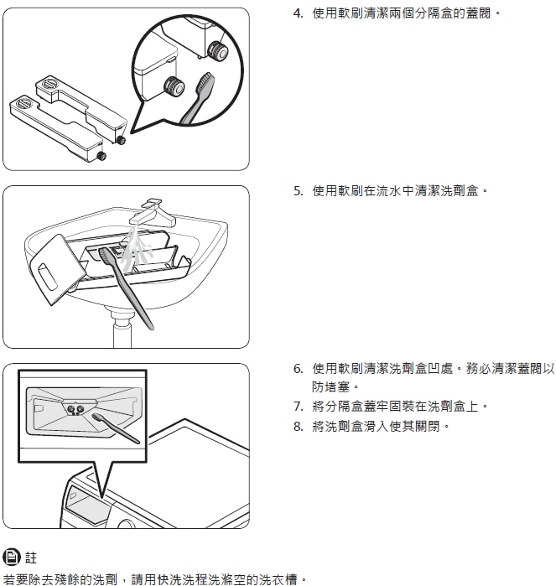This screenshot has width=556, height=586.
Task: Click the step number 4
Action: [298, 13]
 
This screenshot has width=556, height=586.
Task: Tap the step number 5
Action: [298, 191]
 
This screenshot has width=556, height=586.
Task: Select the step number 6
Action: [298, 369]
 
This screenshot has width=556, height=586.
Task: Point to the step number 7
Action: [298, 407]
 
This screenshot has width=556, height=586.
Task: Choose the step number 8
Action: [298, 426]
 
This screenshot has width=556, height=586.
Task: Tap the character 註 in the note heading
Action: [31, 557]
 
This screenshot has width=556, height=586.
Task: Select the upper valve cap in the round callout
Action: [217, 50]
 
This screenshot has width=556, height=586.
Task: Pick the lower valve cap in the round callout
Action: [174, 86]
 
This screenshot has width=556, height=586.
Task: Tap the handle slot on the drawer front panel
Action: [48, 277]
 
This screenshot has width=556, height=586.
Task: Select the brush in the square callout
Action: [116, 428]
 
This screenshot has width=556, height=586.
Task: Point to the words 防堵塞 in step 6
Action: [331, 386]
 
